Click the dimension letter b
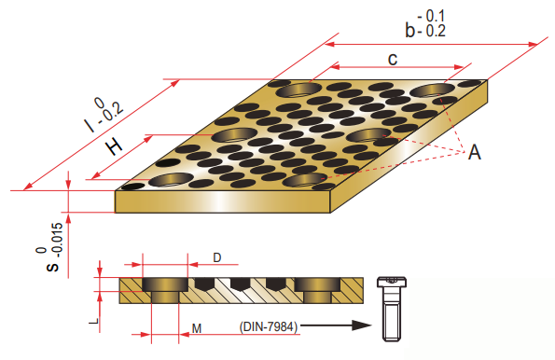[410, 30]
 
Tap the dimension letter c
[393, 59]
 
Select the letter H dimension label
[115, 146]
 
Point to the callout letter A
[475, 152]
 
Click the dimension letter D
[217, 257]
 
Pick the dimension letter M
[197, 328]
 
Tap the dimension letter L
[94, 322]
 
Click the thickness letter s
[53, 267]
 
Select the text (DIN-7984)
[269, 326]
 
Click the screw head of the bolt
[392, 282]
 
